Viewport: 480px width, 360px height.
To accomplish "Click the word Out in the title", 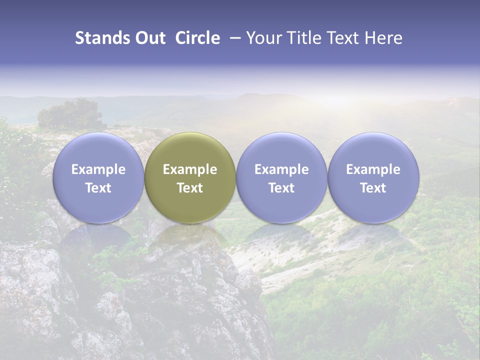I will tap(149, 38).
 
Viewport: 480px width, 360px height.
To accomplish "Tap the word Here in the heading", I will tap(384, 38).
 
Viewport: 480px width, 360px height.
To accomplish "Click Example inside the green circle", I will tap(190, 169).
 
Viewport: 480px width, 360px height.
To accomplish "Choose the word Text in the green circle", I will tap(190, 188).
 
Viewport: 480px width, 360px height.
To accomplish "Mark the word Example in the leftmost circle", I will tap(98, 169).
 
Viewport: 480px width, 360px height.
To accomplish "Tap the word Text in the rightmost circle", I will tap(373, 188).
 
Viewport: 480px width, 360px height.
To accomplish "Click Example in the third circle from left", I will tap(281, 169).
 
